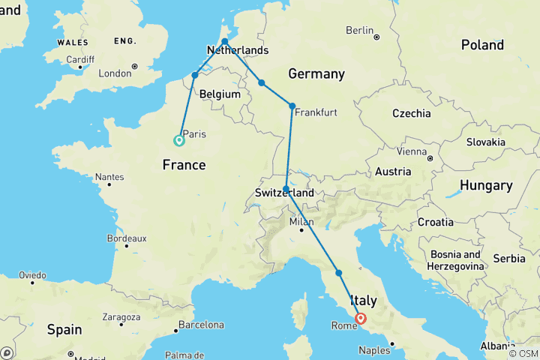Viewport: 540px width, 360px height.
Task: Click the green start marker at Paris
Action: click(x=179, y=140)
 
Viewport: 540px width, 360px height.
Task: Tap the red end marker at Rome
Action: click(x=361, y=318)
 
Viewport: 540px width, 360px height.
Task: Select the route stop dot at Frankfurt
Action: click(x=292, y=106)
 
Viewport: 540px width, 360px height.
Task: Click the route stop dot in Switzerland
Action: click(x=286, y=189)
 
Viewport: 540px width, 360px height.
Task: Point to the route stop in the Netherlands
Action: click(x=225, y=42)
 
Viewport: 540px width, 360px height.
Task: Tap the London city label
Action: click(x=115, y=73)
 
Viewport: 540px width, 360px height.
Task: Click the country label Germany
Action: click(x=316, y=73)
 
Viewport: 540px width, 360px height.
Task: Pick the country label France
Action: click(x=184, y=165)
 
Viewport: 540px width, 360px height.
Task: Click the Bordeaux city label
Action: click(x=105, y=238)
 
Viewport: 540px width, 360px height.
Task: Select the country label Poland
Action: click(x=482, y=45)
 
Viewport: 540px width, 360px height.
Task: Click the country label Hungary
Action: click(x=486, y=185)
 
